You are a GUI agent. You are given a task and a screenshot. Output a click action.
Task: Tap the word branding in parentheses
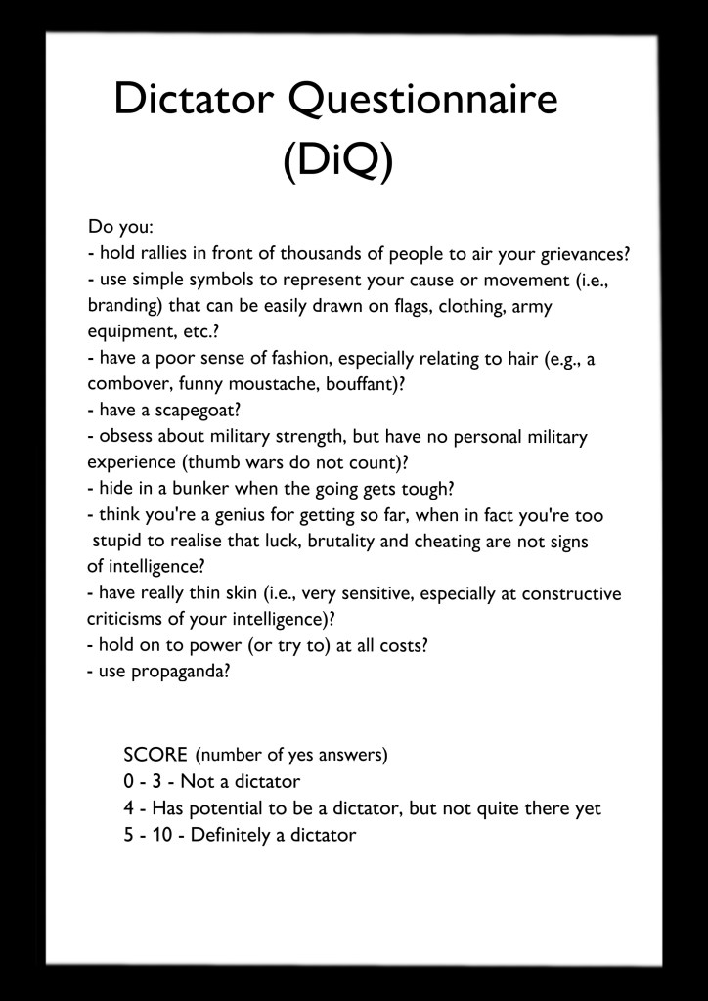tap(123, 306)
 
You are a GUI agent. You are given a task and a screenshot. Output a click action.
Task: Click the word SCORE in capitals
tap(155, 755)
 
